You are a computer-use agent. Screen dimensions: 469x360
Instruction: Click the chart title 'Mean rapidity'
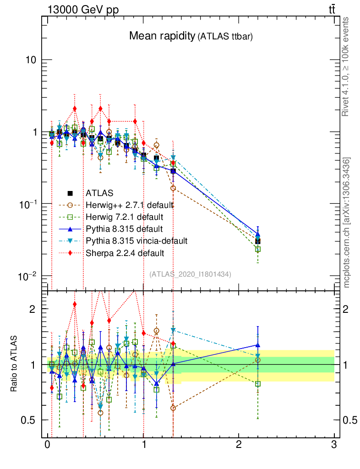click(x=161, y=36)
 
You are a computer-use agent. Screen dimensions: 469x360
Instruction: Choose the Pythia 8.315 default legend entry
click(x=124, y=229)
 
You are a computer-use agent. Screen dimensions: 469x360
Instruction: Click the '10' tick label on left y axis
click(x=31, y=60)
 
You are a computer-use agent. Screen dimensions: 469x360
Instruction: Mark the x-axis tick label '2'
click(x=238, y=445)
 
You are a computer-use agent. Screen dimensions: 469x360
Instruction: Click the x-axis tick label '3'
click(x=333, y=445)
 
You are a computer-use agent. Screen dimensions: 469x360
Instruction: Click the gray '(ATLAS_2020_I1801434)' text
click(x=190, y=274)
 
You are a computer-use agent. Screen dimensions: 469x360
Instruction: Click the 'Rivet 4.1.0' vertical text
click(x=347, y=66)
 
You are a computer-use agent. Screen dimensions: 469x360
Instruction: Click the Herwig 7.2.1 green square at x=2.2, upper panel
click(x=257, y=249)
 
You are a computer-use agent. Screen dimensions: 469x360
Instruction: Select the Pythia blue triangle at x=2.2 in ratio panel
click(x=257, y=345)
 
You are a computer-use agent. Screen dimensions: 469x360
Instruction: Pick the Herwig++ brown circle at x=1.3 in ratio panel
click(x=173, y=408)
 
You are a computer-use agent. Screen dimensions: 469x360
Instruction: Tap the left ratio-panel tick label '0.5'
click(x=29, y=420)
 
